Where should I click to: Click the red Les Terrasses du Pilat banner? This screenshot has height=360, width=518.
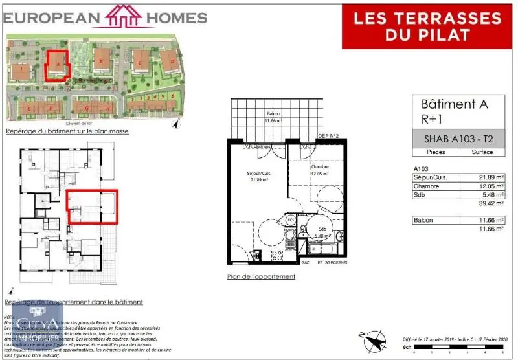click(x=426, y=26)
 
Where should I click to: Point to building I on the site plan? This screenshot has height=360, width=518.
click(x=21, y=67)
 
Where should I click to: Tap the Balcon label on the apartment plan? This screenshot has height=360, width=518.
click(x=273, y=115)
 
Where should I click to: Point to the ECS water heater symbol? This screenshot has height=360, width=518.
click(x=291, y=221)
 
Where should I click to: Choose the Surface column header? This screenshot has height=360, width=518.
click(x=477, y=152)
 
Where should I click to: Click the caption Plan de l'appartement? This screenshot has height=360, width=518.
click(x=261, y=276)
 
